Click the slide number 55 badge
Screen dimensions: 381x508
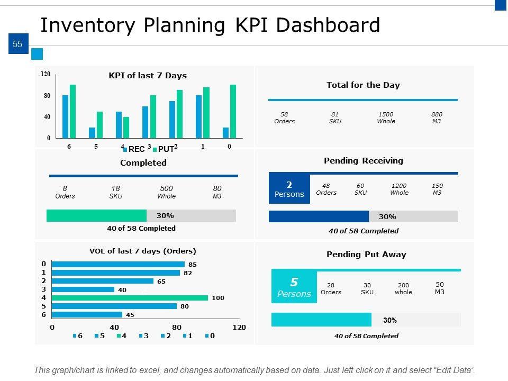click(x=17, y=44)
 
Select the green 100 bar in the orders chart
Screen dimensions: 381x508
click(x=130, y=298)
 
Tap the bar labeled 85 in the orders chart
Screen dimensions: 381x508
click(x=118, y=264)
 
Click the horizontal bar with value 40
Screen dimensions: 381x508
click(x=83, y=289)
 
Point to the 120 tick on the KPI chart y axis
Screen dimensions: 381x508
click(x=46, y=75)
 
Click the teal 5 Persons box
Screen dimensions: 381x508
click(x=294, y=287)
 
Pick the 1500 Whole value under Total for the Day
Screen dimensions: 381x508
click(x=386, y=117)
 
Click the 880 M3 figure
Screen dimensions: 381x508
click(x=437, y=117)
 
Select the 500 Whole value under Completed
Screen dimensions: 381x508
click(x=166, y=192)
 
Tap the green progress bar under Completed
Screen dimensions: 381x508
click(x=96, y=215)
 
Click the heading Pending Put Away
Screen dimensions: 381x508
click(x=366, y=255)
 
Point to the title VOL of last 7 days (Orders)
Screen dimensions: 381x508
click(x=143, y=251)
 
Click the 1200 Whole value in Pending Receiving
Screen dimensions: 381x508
click(x=399, y=189)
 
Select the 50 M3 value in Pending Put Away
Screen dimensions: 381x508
click(x=440, y=288)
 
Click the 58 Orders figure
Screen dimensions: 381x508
click(x=284, y=117)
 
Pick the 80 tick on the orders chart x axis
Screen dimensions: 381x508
click(x=177, y=328)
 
